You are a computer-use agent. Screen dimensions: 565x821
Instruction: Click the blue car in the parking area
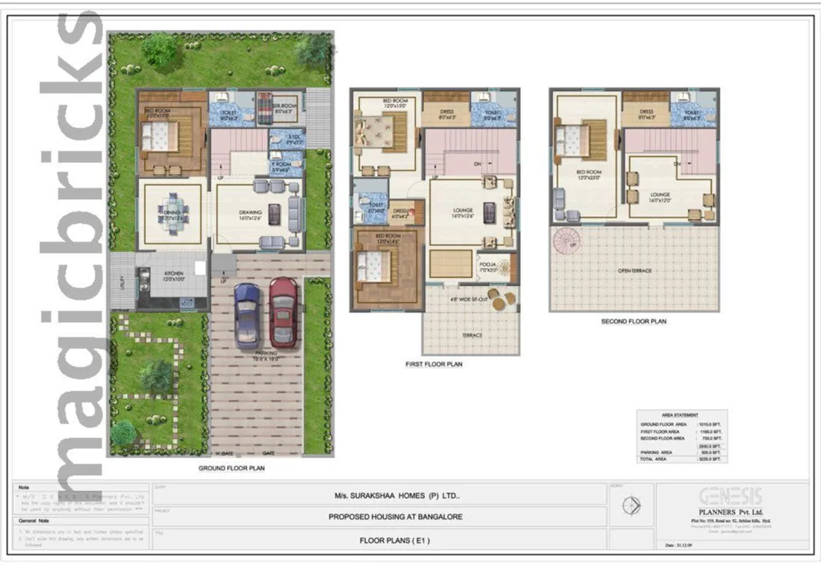point(247,315)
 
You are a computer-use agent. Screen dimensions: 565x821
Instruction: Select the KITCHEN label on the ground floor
point(172,274)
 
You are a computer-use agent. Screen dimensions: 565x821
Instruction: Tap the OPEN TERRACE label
point(635,271)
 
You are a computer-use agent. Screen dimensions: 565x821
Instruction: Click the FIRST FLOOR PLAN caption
point(434,364)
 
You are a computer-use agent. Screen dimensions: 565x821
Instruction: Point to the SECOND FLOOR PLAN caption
point(633,321)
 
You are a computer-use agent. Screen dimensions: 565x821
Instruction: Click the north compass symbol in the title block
point(632,506)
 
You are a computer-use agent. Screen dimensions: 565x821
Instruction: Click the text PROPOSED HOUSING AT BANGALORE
point(395,517)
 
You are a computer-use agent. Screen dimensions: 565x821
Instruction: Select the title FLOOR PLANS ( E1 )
point(395,540)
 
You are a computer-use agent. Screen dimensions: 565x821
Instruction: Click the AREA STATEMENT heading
point(680,415)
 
